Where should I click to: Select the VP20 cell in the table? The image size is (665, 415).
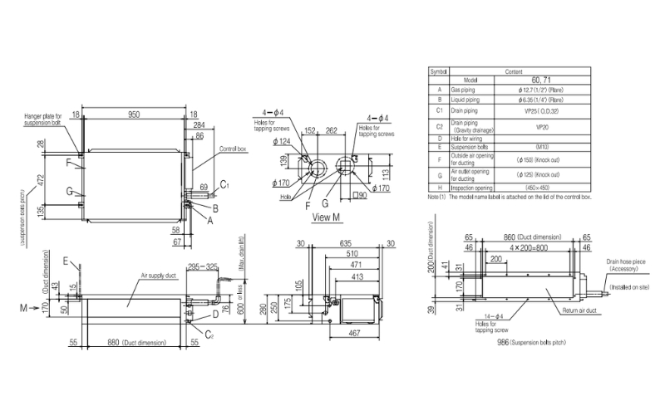[541, 128]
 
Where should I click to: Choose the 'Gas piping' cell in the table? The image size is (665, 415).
[463, 87]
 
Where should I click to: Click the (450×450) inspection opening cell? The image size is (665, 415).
[541, 188]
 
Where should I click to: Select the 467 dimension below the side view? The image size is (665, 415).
[353, 334]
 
